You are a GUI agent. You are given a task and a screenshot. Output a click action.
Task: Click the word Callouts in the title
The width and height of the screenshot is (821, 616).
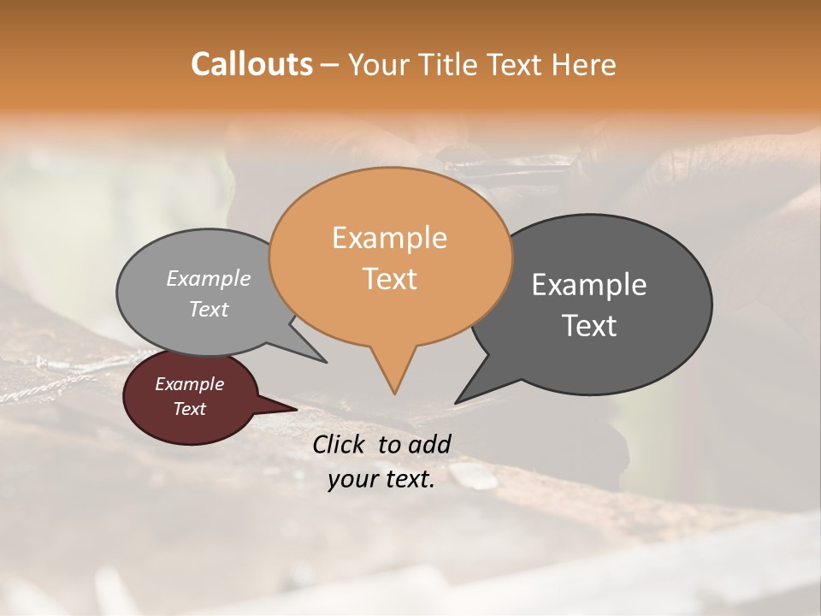pos(251,64)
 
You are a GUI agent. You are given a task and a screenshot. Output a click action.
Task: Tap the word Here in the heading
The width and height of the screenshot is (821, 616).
pos(584,64)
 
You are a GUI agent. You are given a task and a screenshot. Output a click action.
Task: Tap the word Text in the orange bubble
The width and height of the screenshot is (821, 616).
pos(389,279)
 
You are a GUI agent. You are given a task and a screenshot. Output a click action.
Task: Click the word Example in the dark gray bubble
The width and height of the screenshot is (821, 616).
pos(589,284)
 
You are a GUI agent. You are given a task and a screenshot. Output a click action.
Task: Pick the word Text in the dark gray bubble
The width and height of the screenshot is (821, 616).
pos(589,326)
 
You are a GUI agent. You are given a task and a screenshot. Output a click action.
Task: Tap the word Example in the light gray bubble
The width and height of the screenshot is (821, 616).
pos(209,278)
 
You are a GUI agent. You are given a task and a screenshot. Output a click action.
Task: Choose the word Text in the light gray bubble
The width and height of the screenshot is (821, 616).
pos(209,309)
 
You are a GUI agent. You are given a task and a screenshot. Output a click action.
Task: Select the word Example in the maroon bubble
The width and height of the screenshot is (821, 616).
pos(189,384)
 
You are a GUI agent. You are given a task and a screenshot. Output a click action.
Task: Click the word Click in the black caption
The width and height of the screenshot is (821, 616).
pos(340,444)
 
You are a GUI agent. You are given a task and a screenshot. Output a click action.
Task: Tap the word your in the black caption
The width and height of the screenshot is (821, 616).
pos(352,479)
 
